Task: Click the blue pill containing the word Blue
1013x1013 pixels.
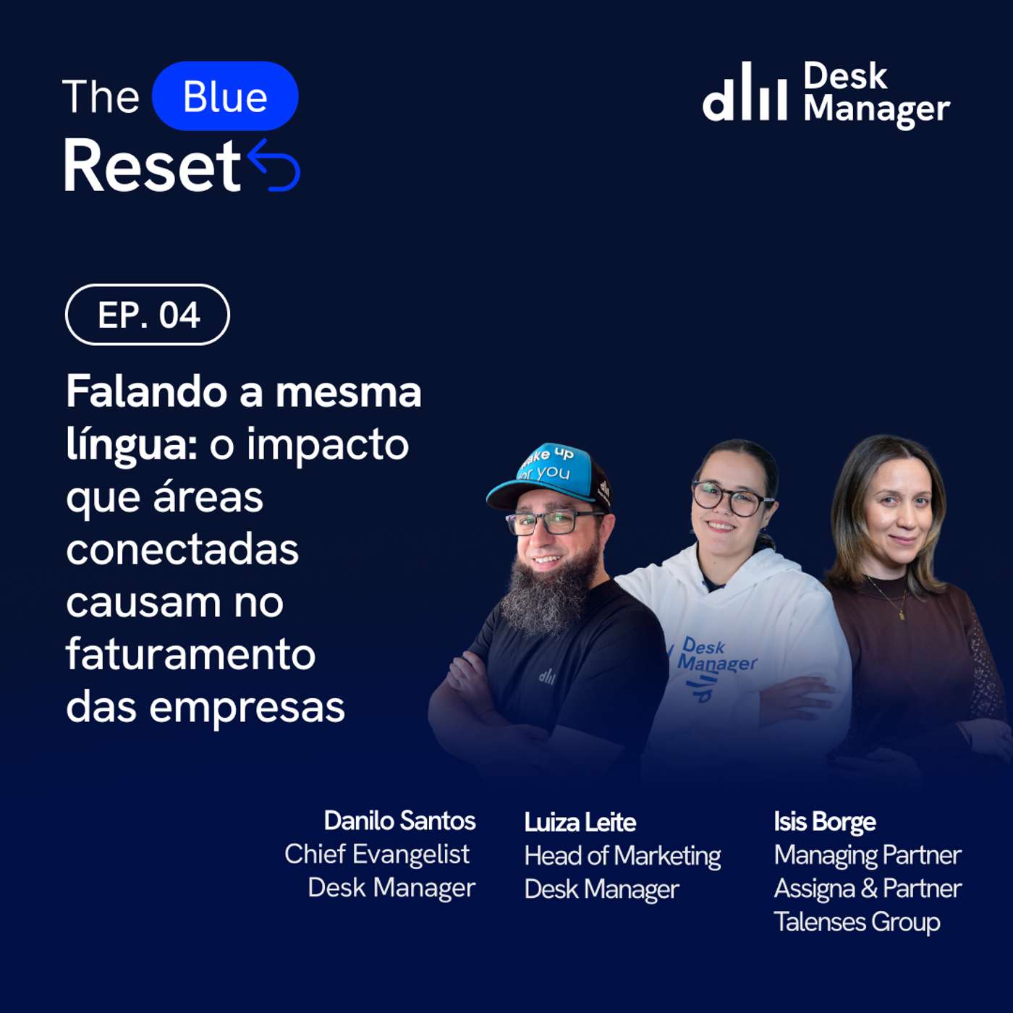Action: tap(225, 96)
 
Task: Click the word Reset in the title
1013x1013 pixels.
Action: tap(153, 166)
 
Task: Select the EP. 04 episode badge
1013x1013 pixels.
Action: tap(148, 315)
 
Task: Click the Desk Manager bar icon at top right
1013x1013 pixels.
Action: tap(745, 92)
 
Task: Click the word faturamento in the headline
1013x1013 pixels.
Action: tap(190, 655)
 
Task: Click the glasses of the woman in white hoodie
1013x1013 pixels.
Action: tap(732, 499)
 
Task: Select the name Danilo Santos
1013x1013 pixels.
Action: tap(399, 821)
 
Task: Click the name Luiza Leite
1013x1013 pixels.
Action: tap(580, 823)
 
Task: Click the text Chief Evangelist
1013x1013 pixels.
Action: tap(377, 855)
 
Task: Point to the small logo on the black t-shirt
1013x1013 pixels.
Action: tap(547, 677)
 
